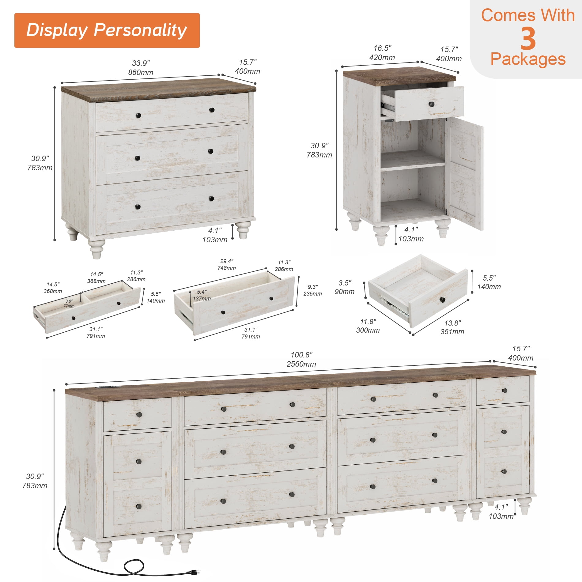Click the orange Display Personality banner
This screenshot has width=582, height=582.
[107, 30]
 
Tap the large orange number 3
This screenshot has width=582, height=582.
[528, 39]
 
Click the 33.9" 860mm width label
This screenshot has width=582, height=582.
[141, 68]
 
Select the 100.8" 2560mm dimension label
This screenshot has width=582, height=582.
[301, 359]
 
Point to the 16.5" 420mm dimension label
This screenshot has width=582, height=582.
[382, 53]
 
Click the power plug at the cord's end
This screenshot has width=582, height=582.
[193, 572]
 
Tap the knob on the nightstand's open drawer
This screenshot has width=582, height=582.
[432, 104]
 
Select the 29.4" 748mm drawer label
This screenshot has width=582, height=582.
[227, 265]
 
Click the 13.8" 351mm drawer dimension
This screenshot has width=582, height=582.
[452, 327]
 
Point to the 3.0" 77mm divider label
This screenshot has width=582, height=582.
[69, 304]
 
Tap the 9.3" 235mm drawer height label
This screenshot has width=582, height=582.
[312, 290]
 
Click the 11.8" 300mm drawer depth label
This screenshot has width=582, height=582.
[368, 326]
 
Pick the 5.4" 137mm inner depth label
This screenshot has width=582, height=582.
[202, 295]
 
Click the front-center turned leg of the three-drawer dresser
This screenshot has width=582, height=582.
[97, 249]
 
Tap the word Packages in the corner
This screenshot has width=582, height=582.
[528, 59]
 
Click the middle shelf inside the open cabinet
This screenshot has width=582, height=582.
[413, 161]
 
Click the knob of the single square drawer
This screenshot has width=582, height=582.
[442, 300]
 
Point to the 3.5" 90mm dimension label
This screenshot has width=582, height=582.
[345, 287]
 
